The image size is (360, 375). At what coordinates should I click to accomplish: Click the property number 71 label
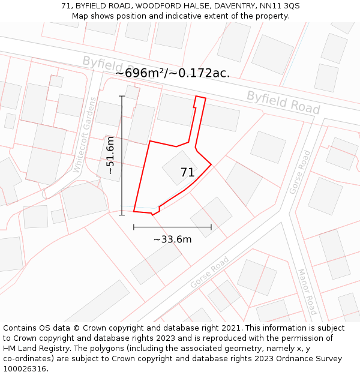pyautogui.click(x=187, y=173)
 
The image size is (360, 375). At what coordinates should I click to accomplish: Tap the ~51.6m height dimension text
pyautogui.click(x=110, y=155)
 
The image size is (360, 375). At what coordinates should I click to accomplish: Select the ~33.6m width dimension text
pyautogui.click(x=172, y=239)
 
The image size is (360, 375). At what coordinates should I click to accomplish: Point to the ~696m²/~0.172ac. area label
pyautogui.click(x=172, y=73)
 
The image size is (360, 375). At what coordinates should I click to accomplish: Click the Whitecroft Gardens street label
pyautogui.click(x=85, y=135)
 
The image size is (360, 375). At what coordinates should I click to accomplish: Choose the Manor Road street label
pyautogui.click(x=307, y=292)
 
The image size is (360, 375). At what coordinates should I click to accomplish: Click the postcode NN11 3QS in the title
pyautogui.click(x=280, y=6)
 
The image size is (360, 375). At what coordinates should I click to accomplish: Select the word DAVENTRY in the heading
pyautogui.click(x=234, y=6)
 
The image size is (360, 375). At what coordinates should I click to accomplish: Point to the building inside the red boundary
pyautogui.click(x=179, y=167)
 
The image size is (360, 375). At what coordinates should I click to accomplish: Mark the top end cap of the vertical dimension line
pyautogui.click(x=122, y=96)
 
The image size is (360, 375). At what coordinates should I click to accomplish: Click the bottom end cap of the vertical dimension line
pyautogui.click(x=122, y=215)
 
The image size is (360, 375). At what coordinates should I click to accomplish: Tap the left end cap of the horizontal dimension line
pyautogui.click(x=133, y=227)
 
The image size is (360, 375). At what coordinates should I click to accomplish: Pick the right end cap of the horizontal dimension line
pyautogui.click(x=211, y=227)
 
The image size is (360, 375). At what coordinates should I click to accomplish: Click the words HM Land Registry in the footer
pyautogui.click(x=33, y=349)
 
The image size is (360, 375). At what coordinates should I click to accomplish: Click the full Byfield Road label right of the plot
pyautogui.click(x=283, y=102)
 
